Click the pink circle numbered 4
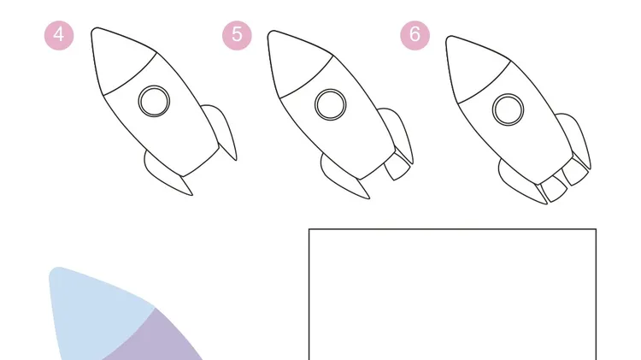tap(59, 36)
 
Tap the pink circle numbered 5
tap(237, 36)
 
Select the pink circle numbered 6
tap(415, 36)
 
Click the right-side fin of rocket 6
tap(575, 138)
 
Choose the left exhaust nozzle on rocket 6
tap(552, 188)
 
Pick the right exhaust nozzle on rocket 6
tap(575, 171)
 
